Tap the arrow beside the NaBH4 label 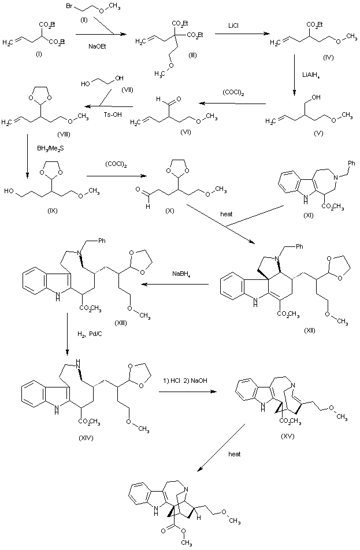coord(173,284)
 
